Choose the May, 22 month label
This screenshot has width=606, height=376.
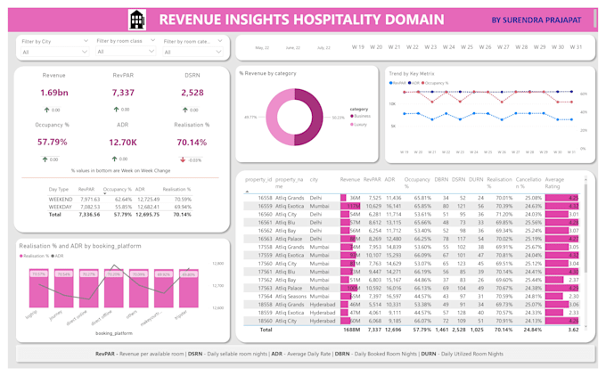(262, 47)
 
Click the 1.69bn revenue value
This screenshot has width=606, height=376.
(53, 93)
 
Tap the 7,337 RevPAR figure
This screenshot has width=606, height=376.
(123, 93)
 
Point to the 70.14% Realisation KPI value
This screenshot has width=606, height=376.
(192, 142)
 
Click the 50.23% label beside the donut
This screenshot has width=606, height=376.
(313, 117)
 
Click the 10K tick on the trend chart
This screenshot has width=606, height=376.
(392, 104)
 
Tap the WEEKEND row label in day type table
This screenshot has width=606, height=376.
(60, 200)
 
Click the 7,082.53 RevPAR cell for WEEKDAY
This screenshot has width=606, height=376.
(90, 207)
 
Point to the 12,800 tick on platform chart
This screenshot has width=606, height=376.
(218, 264)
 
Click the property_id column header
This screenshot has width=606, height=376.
(258, 179)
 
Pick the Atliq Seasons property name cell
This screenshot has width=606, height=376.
(291, 296)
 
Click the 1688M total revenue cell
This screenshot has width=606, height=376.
(350, 329)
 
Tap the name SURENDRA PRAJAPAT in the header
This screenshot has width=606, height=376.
(545, 19)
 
